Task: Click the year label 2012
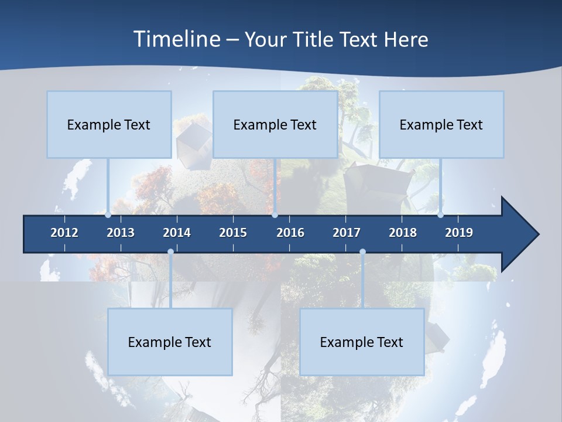[x=64, y=233]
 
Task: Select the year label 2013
[x=121, y=233]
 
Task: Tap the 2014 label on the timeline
[x=177, y=233]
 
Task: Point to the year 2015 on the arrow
[x=233, y=233]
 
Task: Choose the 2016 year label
[x=290, y=233]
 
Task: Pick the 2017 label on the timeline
[x=347, y=233]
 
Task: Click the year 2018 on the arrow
[x=403, y=233]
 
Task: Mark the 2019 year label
[x=459, y=233]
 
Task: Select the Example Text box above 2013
[x=109, y=124]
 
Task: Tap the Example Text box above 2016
[x=275, y=124]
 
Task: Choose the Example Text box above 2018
[x=441, y=124]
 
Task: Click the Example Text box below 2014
[x=170, y=342]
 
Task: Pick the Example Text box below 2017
[x=362, y=342]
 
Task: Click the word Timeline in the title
[x=176, y=39]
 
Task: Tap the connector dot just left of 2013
[x=108, y=215]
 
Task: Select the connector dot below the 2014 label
[x=170, y=252]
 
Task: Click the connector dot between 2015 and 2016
[x=275, y=215]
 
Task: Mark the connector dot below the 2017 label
[x=362, y=252]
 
